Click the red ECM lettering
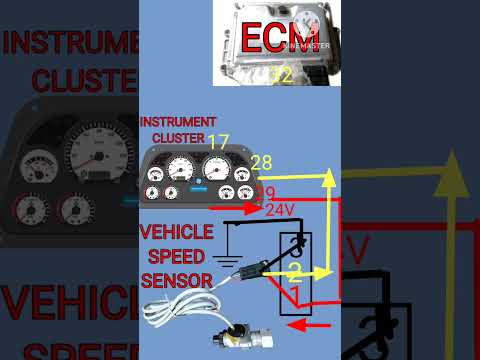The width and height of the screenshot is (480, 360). coord(277,38)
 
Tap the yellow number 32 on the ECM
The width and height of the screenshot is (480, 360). coord(282,74)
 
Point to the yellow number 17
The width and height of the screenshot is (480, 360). coord(219,142)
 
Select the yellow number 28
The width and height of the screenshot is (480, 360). coord(262,163)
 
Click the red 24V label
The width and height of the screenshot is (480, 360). coord(281,210)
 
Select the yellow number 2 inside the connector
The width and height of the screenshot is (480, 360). coord(296,272)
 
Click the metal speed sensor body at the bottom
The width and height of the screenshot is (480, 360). coord(243,338)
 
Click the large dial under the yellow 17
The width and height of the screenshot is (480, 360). coord(215,168)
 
